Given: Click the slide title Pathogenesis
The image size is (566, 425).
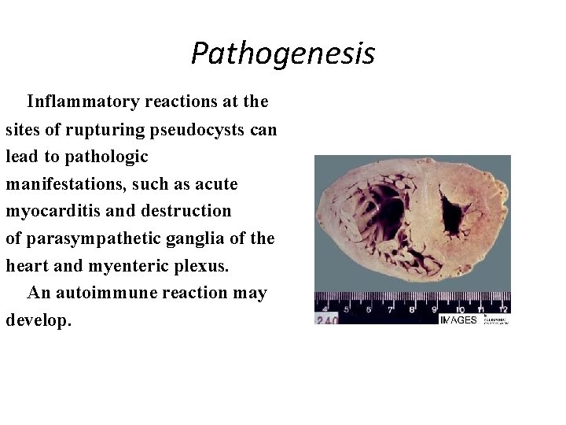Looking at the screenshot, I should click(283, 54).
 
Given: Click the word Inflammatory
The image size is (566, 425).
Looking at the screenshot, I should click(77, 102).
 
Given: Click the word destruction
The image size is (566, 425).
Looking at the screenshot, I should click(186, 211).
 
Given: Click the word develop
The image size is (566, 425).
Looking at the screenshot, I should click(38, 320).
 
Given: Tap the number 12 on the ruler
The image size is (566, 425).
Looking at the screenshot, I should click(502, 309).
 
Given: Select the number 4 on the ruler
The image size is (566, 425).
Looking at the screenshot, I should click(325, 310).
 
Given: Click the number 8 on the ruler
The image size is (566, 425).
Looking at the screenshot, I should click(412, 310).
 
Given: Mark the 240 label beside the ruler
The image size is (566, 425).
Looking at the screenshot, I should click(327, 320).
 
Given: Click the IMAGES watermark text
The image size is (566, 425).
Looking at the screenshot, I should click(459, 320).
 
